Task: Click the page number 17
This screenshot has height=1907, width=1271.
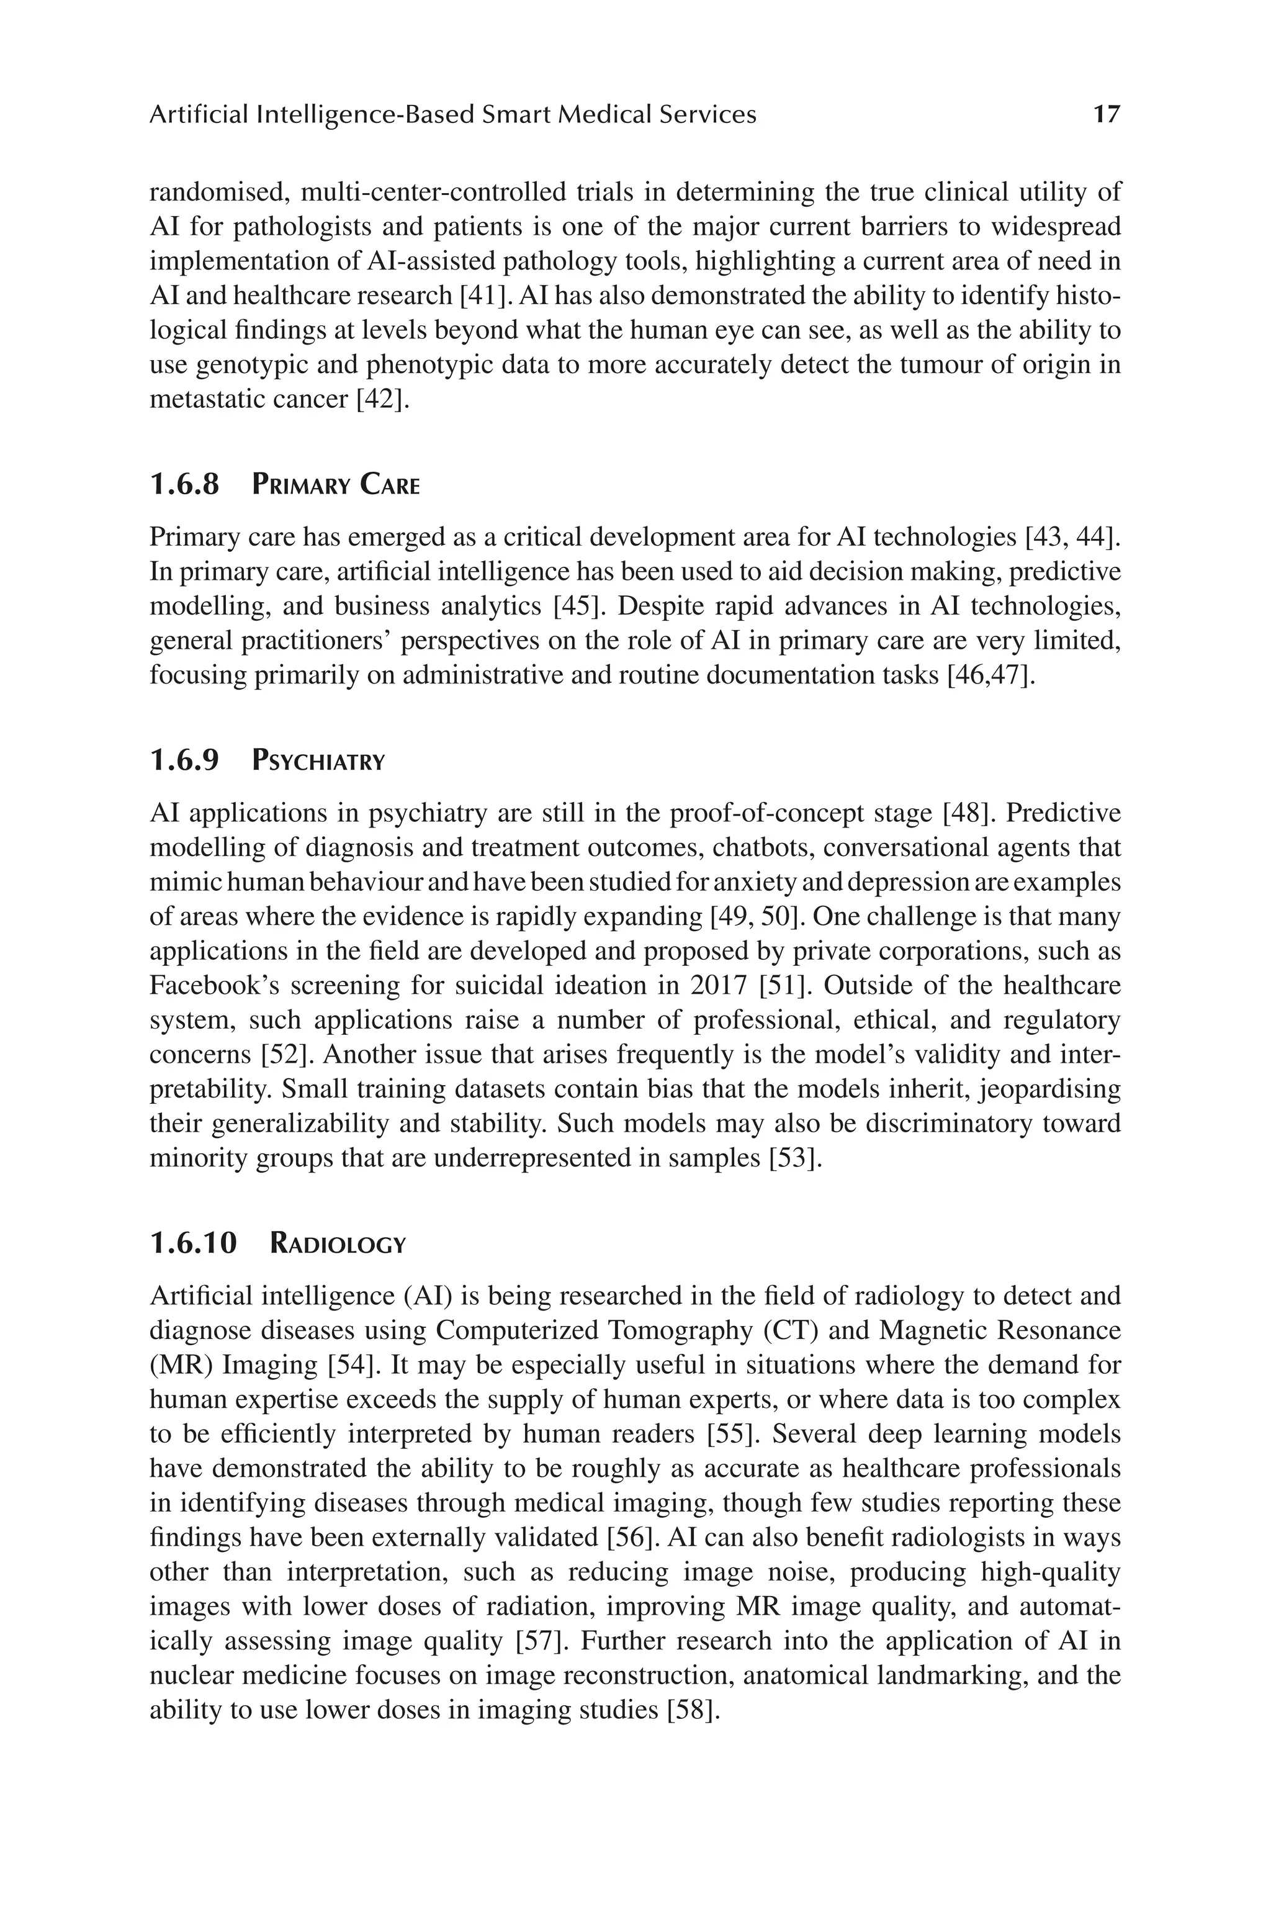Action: tap(1107, 114)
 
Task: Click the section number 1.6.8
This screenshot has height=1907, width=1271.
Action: tap(185, 485)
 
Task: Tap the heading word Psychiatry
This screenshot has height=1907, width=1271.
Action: tap(318, 760)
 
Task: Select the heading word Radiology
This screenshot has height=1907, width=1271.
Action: tap(337, 1243)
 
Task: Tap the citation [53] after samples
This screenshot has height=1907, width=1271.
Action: tap(795, 1158)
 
